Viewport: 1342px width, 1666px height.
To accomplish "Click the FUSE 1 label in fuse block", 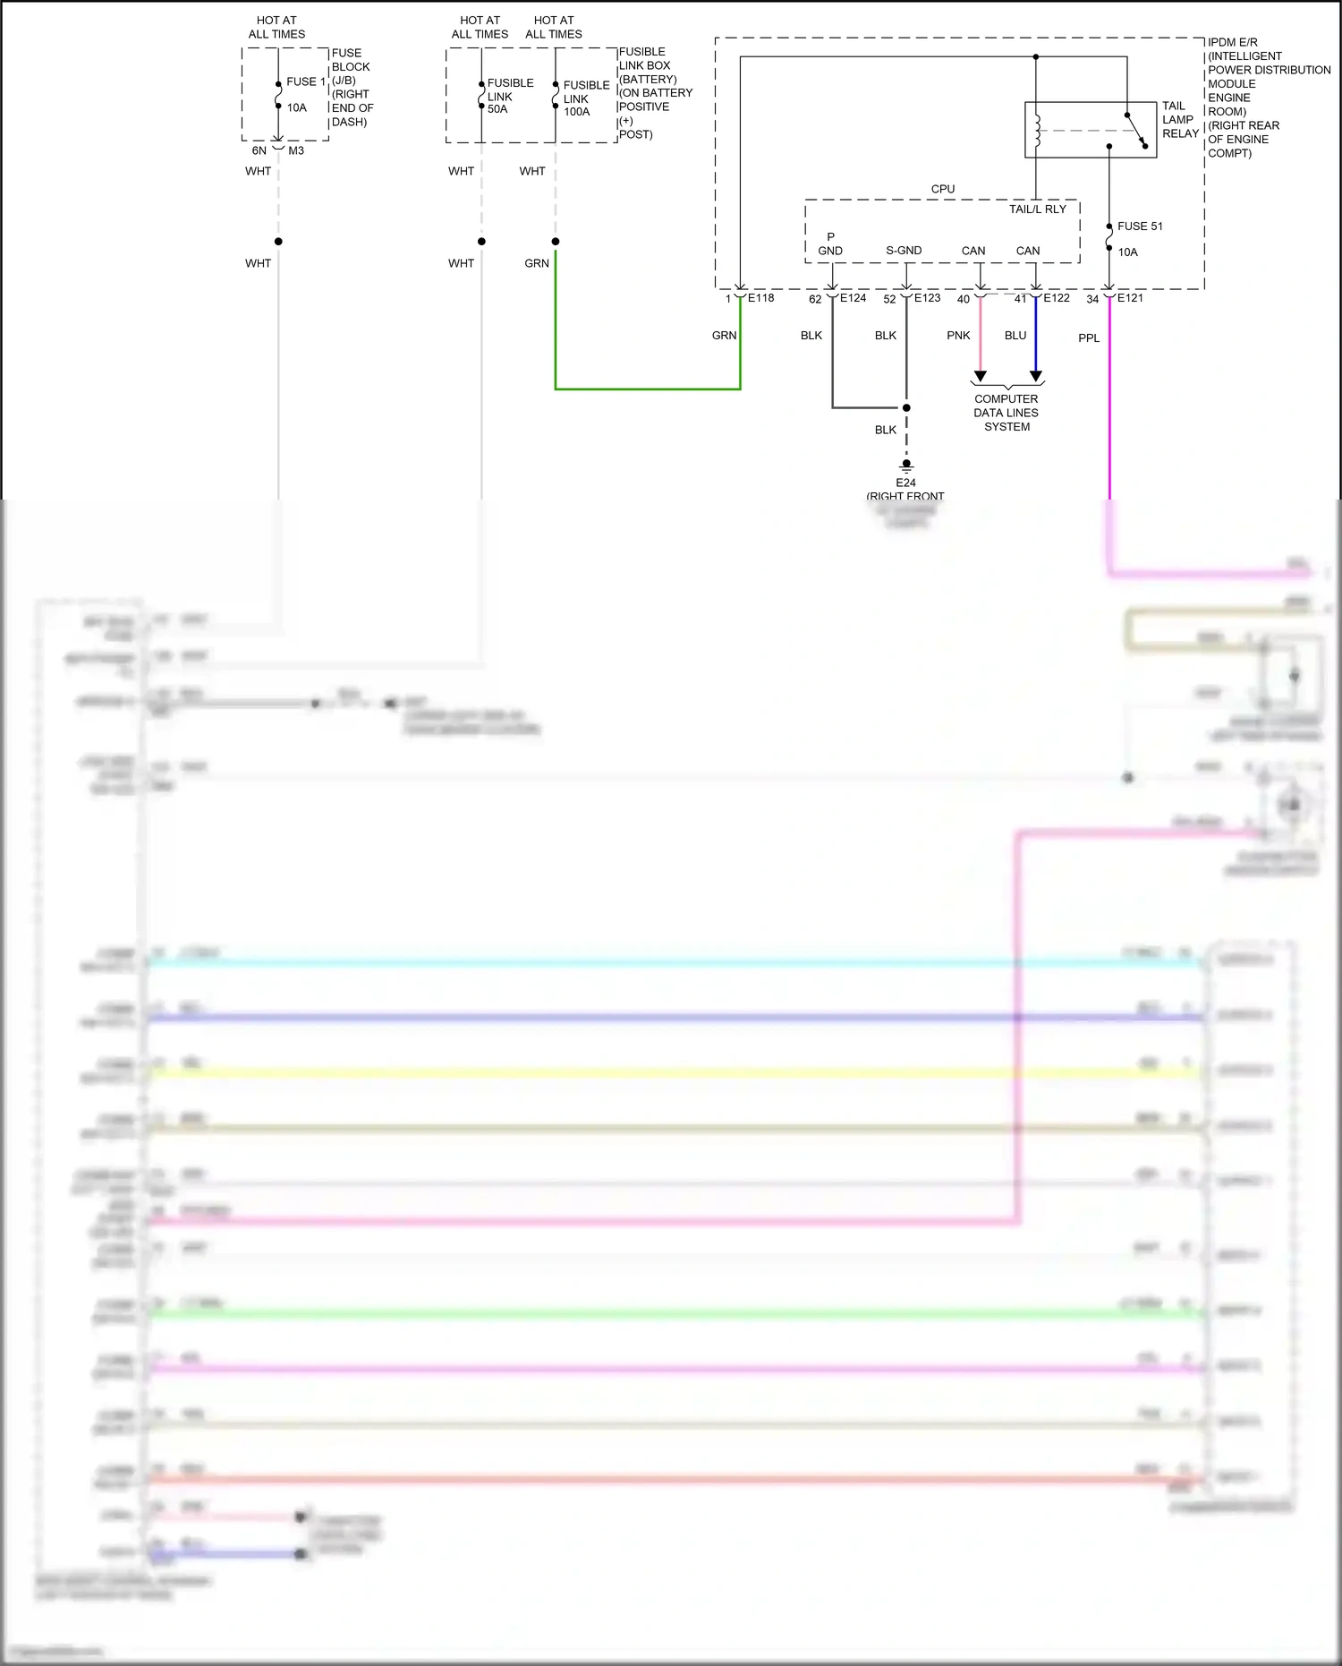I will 305,81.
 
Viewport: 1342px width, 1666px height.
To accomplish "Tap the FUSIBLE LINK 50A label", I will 509,96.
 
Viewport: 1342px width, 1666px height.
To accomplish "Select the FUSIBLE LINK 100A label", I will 585,98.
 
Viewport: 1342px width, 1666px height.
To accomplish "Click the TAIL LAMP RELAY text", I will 1179,119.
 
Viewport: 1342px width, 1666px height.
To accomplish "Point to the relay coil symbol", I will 1037,131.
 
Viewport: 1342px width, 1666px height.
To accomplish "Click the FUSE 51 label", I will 1139,226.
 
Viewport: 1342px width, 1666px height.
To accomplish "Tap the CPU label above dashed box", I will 942,189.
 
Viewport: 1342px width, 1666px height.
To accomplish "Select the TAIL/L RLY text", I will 1037,209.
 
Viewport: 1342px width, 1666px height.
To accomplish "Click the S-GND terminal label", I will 903,251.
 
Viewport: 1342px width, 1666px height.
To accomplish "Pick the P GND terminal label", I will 829,244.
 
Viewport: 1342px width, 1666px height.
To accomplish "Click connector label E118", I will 760,298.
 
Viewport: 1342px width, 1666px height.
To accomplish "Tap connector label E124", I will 853,298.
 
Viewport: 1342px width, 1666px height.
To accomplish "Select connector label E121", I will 1129,298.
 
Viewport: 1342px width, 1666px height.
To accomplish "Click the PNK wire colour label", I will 957,336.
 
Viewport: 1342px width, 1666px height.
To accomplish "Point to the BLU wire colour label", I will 1015,336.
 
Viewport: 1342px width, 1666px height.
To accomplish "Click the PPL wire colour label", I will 1088,338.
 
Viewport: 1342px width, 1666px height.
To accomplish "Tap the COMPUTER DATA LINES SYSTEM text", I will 1006,413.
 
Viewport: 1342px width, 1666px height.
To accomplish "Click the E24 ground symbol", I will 905,466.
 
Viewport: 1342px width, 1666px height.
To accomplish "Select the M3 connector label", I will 296,150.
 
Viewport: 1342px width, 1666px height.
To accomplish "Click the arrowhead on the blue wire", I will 1035,376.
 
